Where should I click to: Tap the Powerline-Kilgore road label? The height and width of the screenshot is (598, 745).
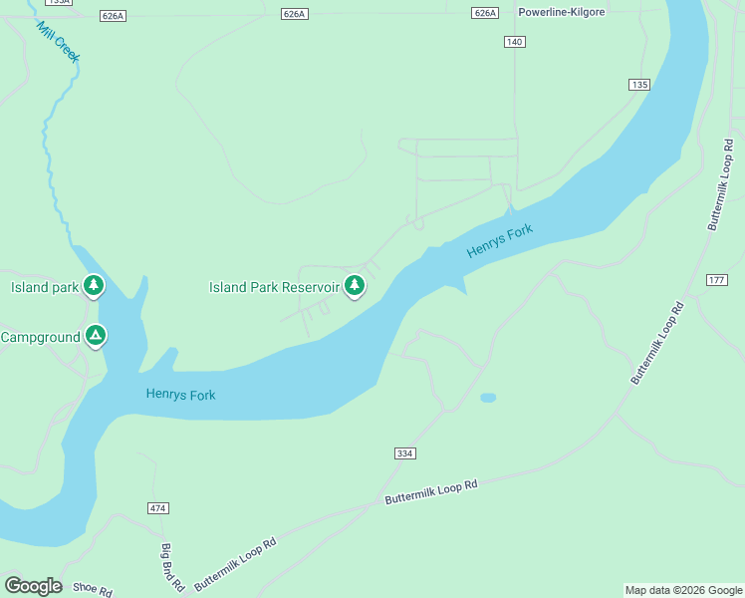tap(562, 13)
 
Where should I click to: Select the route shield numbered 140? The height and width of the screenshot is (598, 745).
tap(514, 41)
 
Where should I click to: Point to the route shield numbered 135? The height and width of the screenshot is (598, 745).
tap(639, 85)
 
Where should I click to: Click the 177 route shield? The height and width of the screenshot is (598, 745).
tap(716, 279)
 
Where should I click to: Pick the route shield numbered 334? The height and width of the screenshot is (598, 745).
tap(404, 453)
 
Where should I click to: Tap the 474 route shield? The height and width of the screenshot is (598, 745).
tap(158, 508)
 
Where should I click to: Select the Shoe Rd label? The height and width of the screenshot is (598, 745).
tap(93, 589)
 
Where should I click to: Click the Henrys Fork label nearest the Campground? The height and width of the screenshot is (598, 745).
tap(180, 395)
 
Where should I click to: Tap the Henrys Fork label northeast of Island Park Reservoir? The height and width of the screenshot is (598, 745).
tap(500, 242)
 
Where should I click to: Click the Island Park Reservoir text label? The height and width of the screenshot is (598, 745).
tap(274, 287)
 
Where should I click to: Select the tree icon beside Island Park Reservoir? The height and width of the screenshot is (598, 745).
tap(354, 286)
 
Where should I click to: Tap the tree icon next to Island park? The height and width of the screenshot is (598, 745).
tap(94, 286)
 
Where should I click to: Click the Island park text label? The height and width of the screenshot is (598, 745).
tap(44, 287)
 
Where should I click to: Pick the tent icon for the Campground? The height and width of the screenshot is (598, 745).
tap(95, 336)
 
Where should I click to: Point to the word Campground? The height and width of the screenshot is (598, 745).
tap(40, 337)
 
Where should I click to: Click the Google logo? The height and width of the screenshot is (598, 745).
tap(33, 586)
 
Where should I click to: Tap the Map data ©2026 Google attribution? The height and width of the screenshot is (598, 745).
tap(683, 590)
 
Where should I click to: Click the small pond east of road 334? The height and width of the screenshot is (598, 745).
tap(488, 398)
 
